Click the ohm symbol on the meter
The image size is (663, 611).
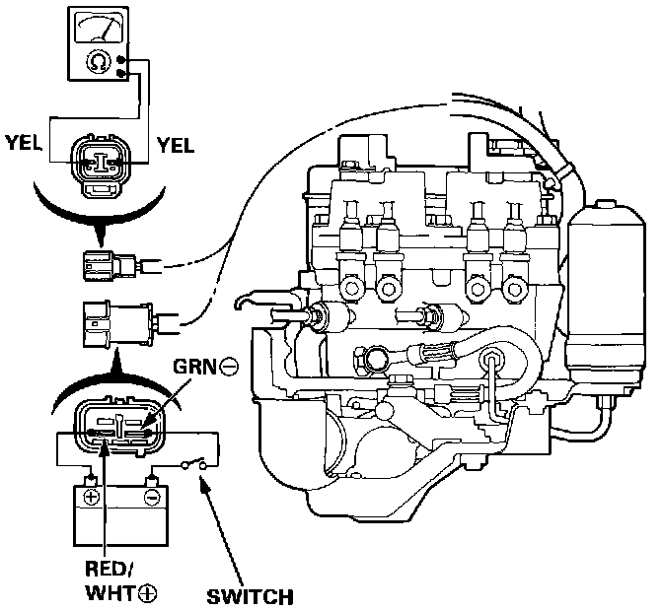98,62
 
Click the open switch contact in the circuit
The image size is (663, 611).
194,463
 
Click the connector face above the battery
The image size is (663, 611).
117,427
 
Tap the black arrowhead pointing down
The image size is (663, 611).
100,235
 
